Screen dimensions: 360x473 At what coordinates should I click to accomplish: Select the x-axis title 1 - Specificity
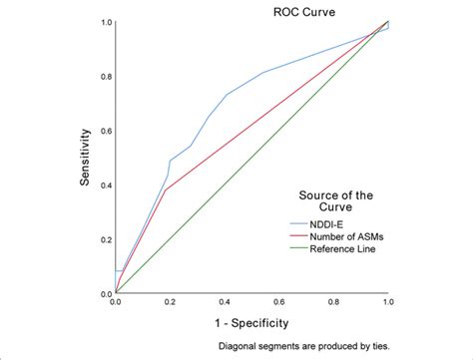251,322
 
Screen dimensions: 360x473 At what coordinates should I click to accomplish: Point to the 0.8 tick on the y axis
105,77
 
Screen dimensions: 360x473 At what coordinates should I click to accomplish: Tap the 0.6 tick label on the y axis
105,131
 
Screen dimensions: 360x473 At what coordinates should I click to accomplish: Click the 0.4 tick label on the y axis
105,185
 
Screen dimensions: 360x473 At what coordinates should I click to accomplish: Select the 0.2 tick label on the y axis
105,239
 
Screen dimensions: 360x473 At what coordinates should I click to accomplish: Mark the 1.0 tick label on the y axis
105,22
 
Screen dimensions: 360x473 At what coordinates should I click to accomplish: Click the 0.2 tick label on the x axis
170,301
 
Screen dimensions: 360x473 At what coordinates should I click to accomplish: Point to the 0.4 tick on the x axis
225,301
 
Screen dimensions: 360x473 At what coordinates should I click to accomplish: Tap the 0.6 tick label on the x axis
278,301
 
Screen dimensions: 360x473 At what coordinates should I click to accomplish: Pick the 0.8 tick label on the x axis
333,301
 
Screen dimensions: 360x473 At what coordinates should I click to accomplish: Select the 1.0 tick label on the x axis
387,301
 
